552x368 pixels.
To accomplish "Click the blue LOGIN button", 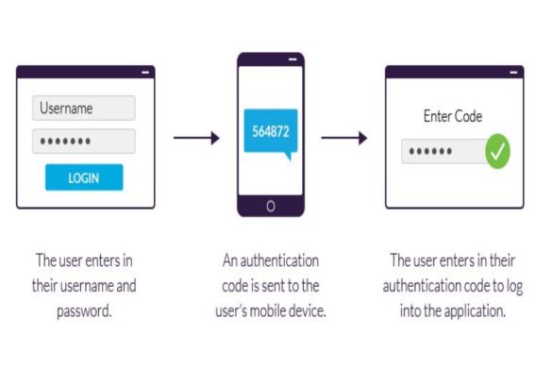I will click(x=83, y=177).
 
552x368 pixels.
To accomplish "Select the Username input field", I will click(x=83, y=109).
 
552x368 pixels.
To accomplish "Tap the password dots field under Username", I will click(x=83, y=142).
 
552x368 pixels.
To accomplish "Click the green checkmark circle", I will click(x=497, y=151).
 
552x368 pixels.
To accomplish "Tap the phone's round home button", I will click(x=271, y=207).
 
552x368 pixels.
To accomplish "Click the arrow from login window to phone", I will click(x=196, y=138).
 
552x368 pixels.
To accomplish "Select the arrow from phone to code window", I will click(x=344, y=138).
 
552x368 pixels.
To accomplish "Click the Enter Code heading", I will click(x=453, y=117).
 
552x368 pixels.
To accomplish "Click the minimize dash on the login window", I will click(x=145, y=72).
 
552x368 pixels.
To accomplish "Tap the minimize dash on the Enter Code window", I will click(x=514, y=72).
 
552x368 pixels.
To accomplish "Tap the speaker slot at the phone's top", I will click(x=271, y=61).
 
